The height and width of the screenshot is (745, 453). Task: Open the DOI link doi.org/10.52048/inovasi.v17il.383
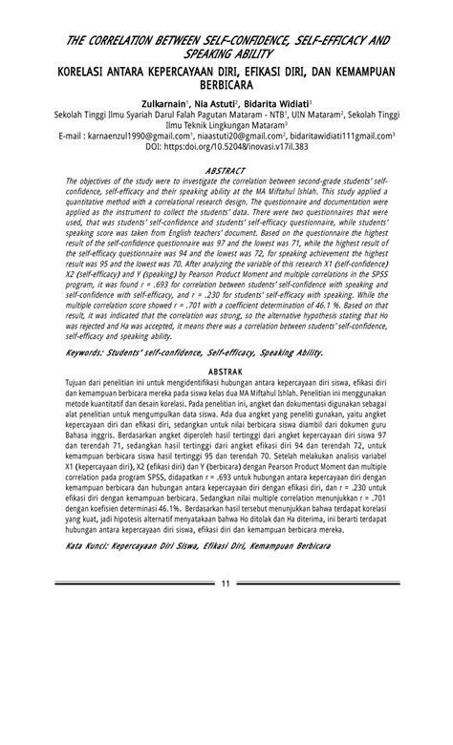click(x=236, y=148)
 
